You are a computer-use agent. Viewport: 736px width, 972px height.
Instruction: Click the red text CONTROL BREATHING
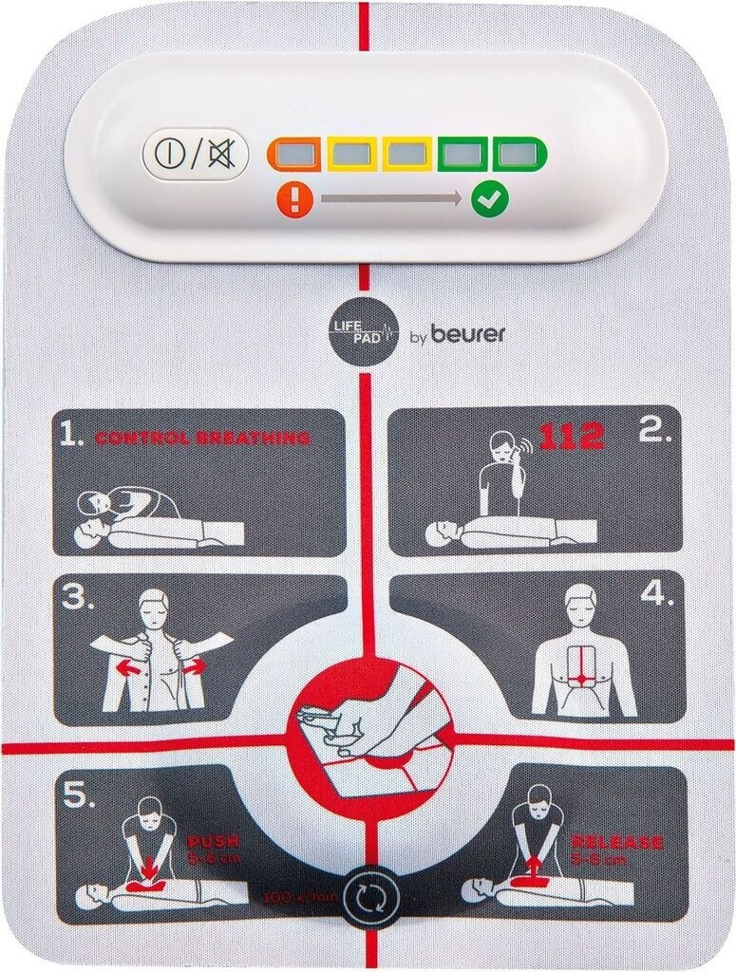point(201,438)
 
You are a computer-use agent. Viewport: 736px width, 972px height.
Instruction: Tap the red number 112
point(571,436)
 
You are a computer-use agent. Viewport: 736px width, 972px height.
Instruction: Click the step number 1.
point(71,436)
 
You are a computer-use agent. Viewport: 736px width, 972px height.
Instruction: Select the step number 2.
point(655,434)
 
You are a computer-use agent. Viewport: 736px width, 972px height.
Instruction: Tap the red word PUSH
point(214,841)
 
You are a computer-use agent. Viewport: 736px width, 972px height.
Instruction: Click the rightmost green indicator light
point(518,153)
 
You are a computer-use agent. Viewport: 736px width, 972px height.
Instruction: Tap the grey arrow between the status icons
point(391,198)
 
